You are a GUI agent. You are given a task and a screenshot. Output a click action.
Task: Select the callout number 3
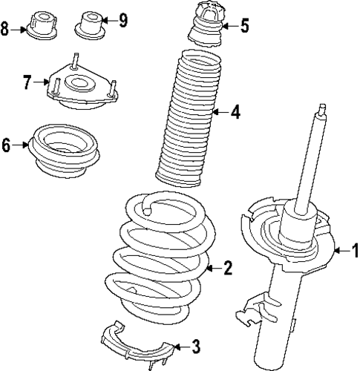point(195,345)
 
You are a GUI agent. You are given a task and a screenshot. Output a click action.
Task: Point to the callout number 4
point(235,113)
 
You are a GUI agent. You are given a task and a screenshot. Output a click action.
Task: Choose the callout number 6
point(6,145)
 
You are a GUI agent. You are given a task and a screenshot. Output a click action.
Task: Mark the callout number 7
point(27,82)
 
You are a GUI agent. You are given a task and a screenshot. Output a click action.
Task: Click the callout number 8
point(6,30)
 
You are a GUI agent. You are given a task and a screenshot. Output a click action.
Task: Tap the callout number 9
point(123,19)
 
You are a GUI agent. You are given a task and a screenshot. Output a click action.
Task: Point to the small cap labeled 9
point(91,23)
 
